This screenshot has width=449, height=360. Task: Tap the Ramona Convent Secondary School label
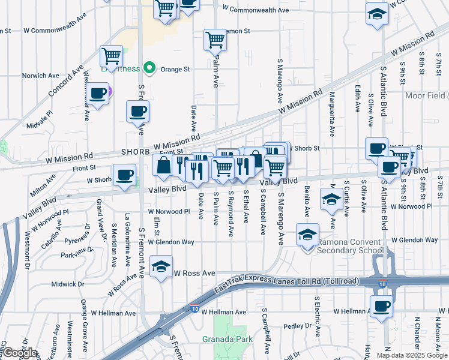350,247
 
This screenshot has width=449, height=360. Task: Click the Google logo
20,353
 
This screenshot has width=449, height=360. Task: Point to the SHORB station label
135,152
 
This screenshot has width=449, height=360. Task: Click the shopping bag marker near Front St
163,165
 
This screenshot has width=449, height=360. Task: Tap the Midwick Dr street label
67,284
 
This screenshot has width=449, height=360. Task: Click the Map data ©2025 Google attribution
411,355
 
